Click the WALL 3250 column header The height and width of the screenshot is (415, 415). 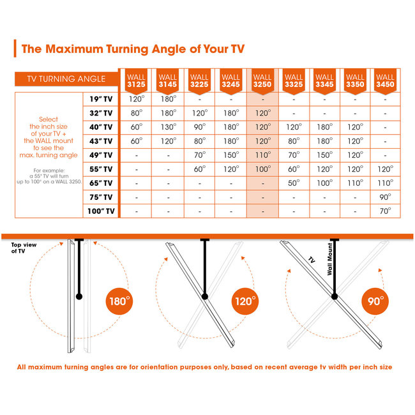point(262,81)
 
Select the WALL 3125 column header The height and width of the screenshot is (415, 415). point(136,81)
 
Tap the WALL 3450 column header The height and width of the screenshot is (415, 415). point(385,81)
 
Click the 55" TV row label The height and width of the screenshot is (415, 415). point(101,169)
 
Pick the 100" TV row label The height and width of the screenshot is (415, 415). point(101,211)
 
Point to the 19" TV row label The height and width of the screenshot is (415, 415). point(101,99)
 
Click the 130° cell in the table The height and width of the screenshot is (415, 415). point(169,127)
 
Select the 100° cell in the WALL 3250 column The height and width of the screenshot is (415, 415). point(263,169)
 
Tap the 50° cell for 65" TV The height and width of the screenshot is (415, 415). point(294,183)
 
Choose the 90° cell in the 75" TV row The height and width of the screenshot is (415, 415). point(385,197)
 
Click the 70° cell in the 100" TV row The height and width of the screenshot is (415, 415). point(385,211)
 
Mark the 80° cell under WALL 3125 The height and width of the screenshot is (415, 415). point(136,113)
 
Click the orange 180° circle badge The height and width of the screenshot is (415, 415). point(119,301)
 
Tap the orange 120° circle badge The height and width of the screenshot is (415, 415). point(245,301)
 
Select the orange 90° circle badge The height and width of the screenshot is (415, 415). point(375,301)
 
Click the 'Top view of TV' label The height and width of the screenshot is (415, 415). point(24,248)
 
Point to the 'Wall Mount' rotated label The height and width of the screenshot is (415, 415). point(329,259)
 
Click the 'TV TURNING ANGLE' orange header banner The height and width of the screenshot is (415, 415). point(66,79)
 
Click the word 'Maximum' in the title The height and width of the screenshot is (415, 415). point(74,49)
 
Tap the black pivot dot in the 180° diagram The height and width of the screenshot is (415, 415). point(79,296)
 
